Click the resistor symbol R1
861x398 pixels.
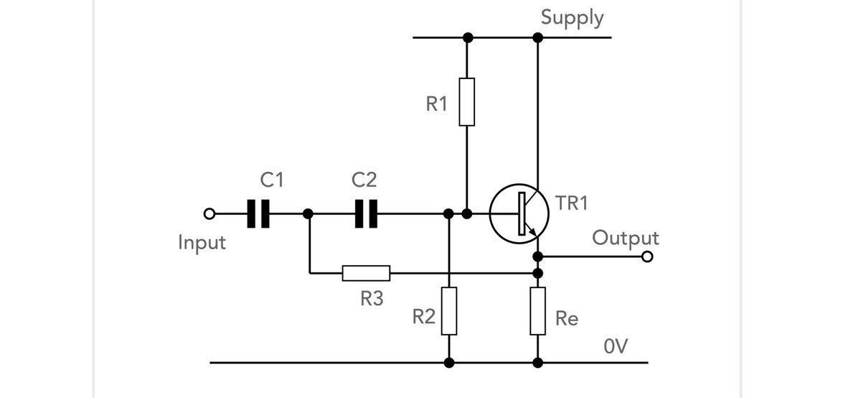(x=466, y=101)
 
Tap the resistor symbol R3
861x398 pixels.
(x=366, y=273)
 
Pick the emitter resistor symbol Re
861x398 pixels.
(x=538, y=311)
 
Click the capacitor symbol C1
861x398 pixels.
(x=257, y=213)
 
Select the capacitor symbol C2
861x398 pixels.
(x=366, y=213)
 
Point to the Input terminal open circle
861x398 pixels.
(x=209, y=213)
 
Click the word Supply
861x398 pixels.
(x=573, y=17)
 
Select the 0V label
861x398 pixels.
(x=616, y=347)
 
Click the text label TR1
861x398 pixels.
(x=571, y=203)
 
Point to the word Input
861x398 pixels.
(x=202, y=243)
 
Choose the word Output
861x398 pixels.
(x=625, y=237)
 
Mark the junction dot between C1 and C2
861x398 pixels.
(x=309, y=213)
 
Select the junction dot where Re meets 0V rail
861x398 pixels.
(x=538, y=362)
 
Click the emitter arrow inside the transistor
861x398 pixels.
(x=532, y=230)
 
